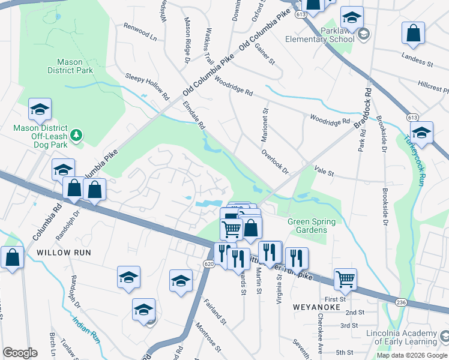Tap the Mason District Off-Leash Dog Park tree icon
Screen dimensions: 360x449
pos(76,136)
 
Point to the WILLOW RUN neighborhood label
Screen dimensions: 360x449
pos(64,253)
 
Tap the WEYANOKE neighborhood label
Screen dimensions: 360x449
pos(316,307)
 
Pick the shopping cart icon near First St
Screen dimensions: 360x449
pos(345,278)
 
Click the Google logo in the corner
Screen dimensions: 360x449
pos(20,353)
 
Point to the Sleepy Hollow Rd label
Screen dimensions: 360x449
pos(147,86)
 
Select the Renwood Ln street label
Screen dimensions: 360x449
pos(140,32)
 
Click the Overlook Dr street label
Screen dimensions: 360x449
pos(275,161)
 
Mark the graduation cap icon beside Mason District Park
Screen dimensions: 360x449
pos(40,109)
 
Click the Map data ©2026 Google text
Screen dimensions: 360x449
pos(411,355)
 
